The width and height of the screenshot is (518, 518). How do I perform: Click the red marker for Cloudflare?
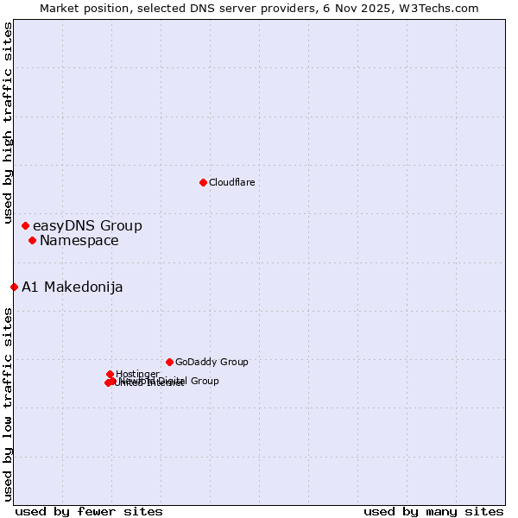[203, 182]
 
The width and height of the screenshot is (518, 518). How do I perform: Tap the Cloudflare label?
[231, 182]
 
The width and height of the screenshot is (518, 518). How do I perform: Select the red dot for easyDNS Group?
[25, 225]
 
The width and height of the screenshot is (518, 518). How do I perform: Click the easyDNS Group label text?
[87, 226]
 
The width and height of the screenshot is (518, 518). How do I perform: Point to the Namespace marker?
[32, 240]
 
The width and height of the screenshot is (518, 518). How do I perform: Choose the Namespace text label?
[79, 241]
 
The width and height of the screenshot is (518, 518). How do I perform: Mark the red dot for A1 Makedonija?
[14, 287]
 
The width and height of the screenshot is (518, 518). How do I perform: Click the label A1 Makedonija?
[73, 287]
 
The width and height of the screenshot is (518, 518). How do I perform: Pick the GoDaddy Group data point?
[169, 362]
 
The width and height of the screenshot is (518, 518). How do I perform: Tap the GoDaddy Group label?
[212, 363]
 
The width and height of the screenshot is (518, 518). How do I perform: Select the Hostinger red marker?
[110, 374]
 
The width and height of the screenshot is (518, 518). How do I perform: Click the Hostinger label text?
[137, 374]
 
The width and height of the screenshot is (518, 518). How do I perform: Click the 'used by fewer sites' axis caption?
[89, 511]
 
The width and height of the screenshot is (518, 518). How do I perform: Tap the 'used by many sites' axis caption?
[433, 511]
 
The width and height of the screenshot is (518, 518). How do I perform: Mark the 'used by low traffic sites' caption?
[8, 404]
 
